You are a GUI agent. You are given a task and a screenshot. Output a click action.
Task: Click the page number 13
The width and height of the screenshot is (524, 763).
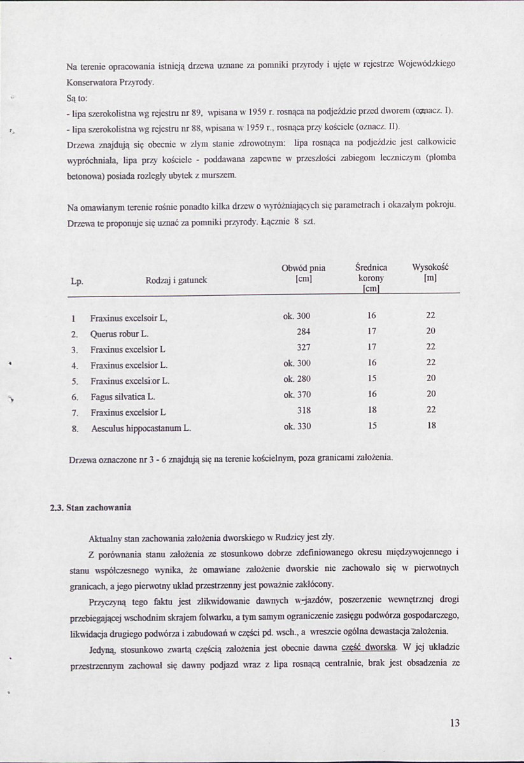[454, 722]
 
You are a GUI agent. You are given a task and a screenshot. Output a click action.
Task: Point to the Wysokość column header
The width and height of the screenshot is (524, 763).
[431, 268]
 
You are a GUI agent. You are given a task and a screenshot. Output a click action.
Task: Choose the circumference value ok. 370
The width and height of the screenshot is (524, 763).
[297, 395]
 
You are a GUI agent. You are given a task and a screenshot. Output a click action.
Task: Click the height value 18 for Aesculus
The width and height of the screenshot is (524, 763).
[431, 426]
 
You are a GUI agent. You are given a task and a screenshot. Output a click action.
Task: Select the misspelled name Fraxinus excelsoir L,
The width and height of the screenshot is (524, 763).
[129, 318]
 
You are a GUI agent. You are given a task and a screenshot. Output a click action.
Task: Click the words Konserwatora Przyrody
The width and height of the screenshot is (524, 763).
[110, 83]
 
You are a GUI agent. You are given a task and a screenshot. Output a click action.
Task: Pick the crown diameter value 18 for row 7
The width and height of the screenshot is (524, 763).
[372, 410]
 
